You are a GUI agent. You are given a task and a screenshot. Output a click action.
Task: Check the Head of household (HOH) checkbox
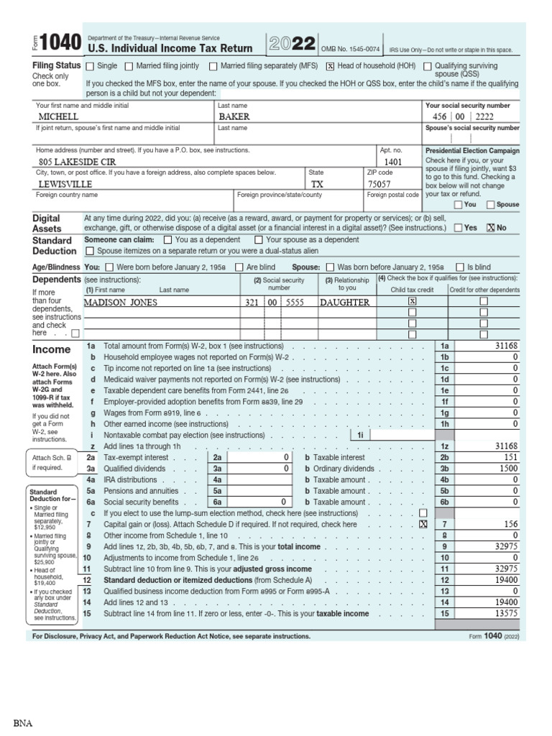point(331,66)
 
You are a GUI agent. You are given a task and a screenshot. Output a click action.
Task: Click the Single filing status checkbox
point(90,66)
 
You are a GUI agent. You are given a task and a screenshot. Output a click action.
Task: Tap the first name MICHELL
point(58,116)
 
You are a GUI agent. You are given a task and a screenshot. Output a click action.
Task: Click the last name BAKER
point(234,116)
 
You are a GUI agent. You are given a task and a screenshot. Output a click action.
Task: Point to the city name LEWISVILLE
point(66,184)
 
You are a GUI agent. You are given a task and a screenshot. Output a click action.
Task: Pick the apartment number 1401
point(394,162)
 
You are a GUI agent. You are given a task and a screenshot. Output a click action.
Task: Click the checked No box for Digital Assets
point(491,227)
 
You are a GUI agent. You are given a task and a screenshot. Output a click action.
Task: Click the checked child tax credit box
point(412,303)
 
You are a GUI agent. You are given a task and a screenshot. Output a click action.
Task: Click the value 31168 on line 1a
point(506,346)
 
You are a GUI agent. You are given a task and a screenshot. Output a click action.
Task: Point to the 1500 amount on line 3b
point(507,469)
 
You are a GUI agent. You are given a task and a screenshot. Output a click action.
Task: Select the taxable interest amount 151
point(510,457)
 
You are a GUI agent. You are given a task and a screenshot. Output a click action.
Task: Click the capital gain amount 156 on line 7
point(510,525)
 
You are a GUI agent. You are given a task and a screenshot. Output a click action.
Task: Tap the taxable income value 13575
point(506,614)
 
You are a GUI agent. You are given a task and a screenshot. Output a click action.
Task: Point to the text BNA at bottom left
point(22,722)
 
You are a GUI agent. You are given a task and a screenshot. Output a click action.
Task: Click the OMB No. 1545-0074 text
point(350,49)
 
